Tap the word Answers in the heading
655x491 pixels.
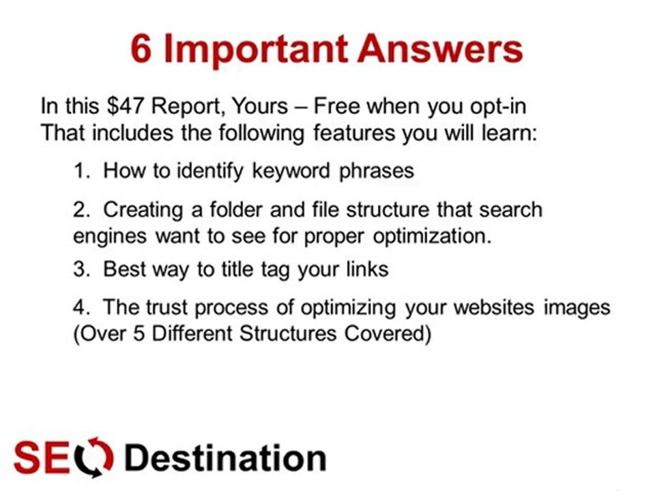tap(441, 50)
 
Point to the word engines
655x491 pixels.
tap(110, 236)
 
